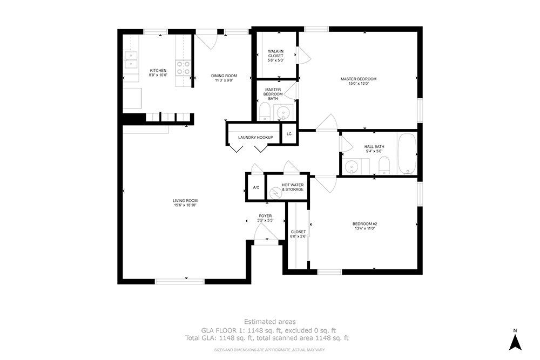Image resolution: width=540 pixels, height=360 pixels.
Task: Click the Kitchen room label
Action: click(158, 71)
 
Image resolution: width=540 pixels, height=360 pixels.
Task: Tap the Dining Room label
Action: click(224, 76)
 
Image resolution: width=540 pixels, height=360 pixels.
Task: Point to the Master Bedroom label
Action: click(358, 79)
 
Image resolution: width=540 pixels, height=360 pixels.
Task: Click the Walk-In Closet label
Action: click(275, 53)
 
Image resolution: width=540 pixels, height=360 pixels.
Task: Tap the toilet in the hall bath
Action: click(384, 165)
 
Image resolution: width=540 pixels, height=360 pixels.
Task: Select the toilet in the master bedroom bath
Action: click(265, 112)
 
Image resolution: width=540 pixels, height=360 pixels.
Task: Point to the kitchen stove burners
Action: click(184, 67)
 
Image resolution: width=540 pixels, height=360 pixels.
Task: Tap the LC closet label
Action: click(289, 134)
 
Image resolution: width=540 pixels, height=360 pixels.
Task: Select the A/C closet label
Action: click(256, 187)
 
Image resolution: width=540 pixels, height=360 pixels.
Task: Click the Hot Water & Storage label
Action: click(292, 187)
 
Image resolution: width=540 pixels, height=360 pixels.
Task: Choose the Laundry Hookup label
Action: click(255, 138)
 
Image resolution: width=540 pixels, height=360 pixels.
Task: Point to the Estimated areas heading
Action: click(269, 322)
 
